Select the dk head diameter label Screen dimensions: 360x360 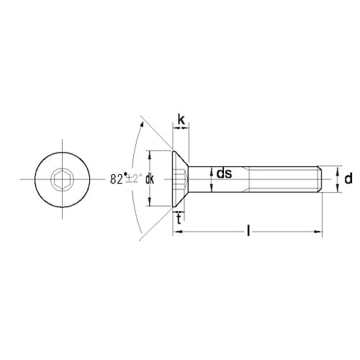(150, 179)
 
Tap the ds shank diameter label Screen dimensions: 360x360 (224, 173)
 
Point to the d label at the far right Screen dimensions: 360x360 (348, 178)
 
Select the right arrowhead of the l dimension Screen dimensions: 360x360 (318, 232)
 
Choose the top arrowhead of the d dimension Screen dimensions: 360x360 (337, 167)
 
